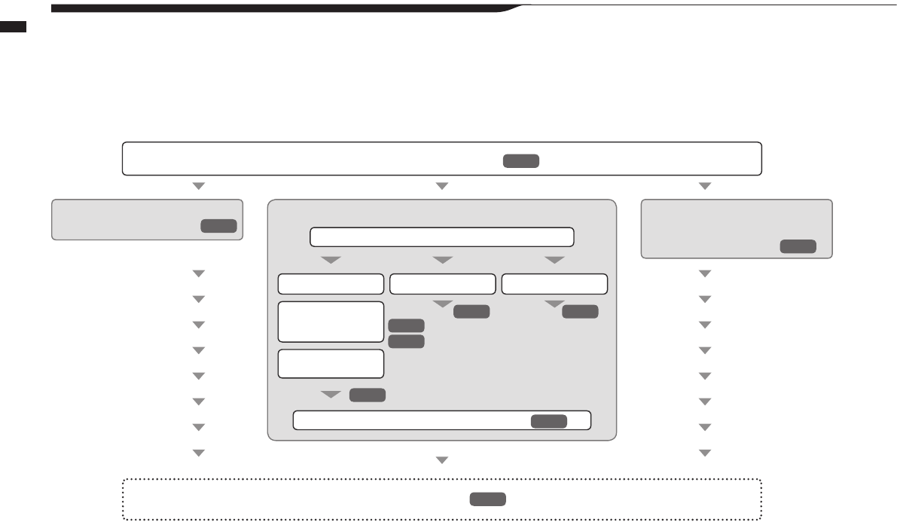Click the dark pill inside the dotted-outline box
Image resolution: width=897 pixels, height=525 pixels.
(487, 499)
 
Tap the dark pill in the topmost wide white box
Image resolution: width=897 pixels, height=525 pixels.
(521, 160)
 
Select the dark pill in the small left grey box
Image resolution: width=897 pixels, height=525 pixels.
(218, 226)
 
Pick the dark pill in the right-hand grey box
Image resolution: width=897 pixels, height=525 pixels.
(798, 246)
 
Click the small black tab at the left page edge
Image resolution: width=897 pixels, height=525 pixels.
(14, 27)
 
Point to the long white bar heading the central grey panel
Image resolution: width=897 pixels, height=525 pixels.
(442, 237)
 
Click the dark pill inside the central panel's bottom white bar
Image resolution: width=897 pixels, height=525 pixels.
(549, 421)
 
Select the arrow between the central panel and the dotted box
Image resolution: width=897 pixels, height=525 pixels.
(442, 459)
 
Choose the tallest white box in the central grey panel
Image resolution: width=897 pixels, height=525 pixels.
(331, 322)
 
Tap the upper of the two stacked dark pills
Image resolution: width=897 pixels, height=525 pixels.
(406, 325)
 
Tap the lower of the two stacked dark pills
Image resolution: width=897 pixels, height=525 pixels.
(406, 341)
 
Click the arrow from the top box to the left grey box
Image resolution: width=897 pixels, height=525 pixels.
(199, 185)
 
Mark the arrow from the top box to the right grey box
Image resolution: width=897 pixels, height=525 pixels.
(705, 185)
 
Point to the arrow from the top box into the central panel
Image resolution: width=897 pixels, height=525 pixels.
(442, 185)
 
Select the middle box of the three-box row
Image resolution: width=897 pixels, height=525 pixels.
(442, 284)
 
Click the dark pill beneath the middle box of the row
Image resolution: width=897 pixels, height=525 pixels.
(471, 311)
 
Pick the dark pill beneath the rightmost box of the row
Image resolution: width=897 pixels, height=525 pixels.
(580, 311)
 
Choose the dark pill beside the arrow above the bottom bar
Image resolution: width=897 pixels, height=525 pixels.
(368, 395)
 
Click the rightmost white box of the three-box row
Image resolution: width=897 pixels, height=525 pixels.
(554, 284)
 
